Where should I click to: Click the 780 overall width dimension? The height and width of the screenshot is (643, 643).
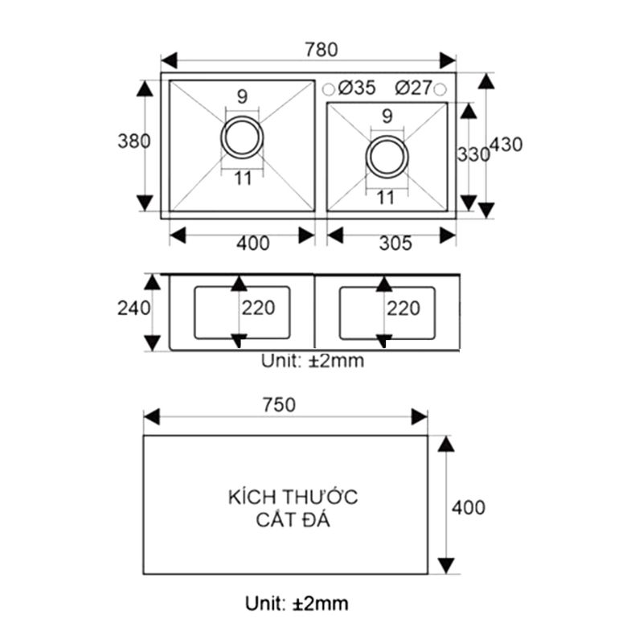[321, 49]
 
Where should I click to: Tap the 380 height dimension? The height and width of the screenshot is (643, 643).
[133, 141]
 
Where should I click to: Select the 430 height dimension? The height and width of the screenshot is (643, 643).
[506, 145]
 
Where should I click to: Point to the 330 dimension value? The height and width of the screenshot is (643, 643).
[473, 154]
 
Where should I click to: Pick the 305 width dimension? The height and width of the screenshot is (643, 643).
[395, 243]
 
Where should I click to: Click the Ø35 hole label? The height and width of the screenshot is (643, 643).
[357, 88]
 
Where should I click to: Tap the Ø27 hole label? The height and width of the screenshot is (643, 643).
[415, 88]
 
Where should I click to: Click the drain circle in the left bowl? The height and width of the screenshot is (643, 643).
[242, 137]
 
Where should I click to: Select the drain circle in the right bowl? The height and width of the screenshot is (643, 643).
[387, 155]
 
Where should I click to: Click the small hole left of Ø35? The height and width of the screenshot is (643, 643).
[330, 88]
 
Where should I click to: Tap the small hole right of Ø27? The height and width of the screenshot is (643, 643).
[440, 88]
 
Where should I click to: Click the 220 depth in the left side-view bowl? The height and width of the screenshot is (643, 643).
[258, 308]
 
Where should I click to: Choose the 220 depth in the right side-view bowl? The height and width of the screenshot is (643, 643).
[403, 308]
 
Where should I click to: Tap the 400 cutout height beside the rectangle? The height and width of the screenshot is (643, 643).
[468, 508]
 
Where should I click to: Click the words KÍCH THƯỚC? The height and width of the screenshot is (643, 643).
[293, 497]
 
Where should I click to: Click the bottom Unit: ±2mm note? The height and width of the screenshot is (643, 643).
[297, 603]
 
